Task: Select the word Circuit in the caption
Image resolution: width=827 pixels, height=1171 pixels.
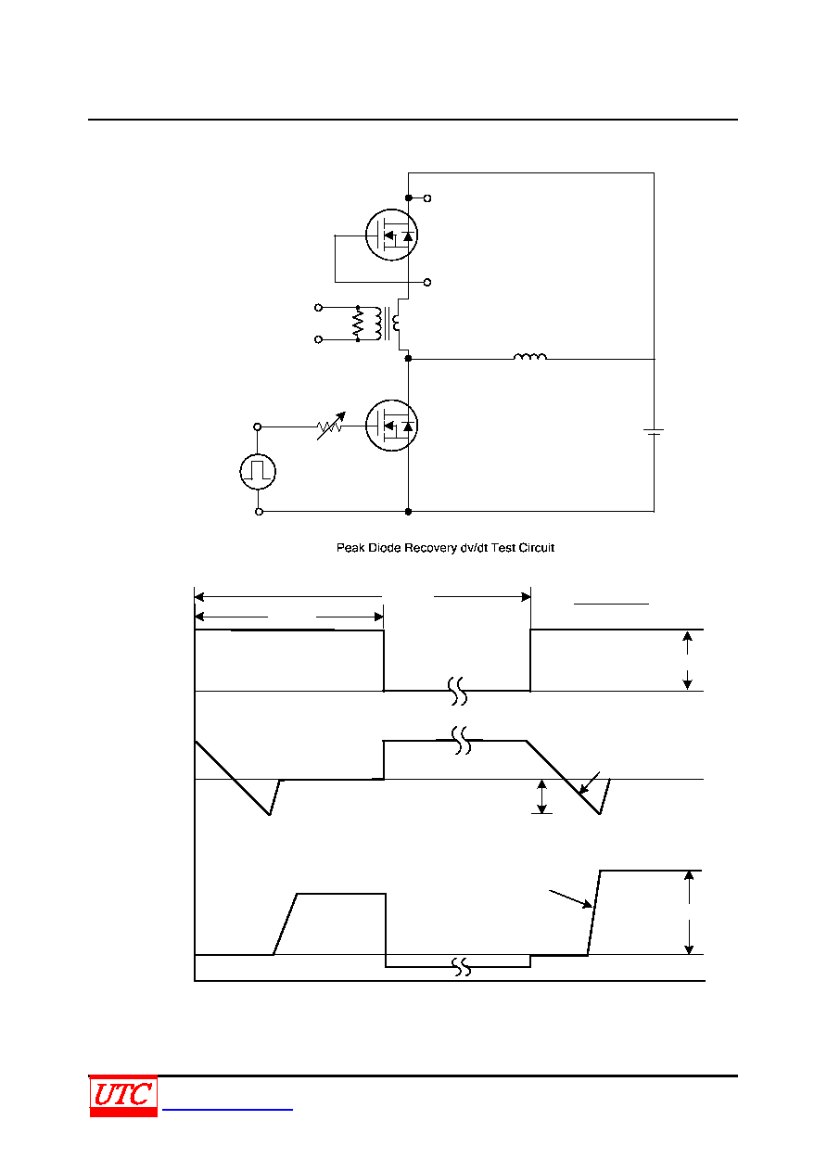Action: pyautogui.click(x=537, y=548)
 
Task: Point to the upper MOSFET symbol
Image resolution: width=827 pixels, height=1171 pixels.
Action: pyautogui.click(x=391, y=235)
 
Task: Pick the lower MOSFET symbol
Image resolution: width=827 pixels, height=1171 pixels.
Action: pyautogui.click(x=391, y=425)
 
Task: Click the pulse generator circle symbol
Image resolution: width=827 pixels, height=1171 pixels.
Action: pyautogui.click(x=258, y=472)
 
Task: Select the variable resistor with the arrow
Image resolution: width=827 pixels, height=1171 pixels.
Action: pyautogui.click(x=331, y=426)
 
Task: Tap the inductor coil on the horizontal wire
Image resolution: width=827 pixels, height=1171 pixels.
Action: pyautogui.click(x=530, y=357)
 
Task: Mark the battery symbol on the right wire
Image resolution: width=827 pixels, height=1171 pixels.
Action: pyautogui.click(x=654, y=432)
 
